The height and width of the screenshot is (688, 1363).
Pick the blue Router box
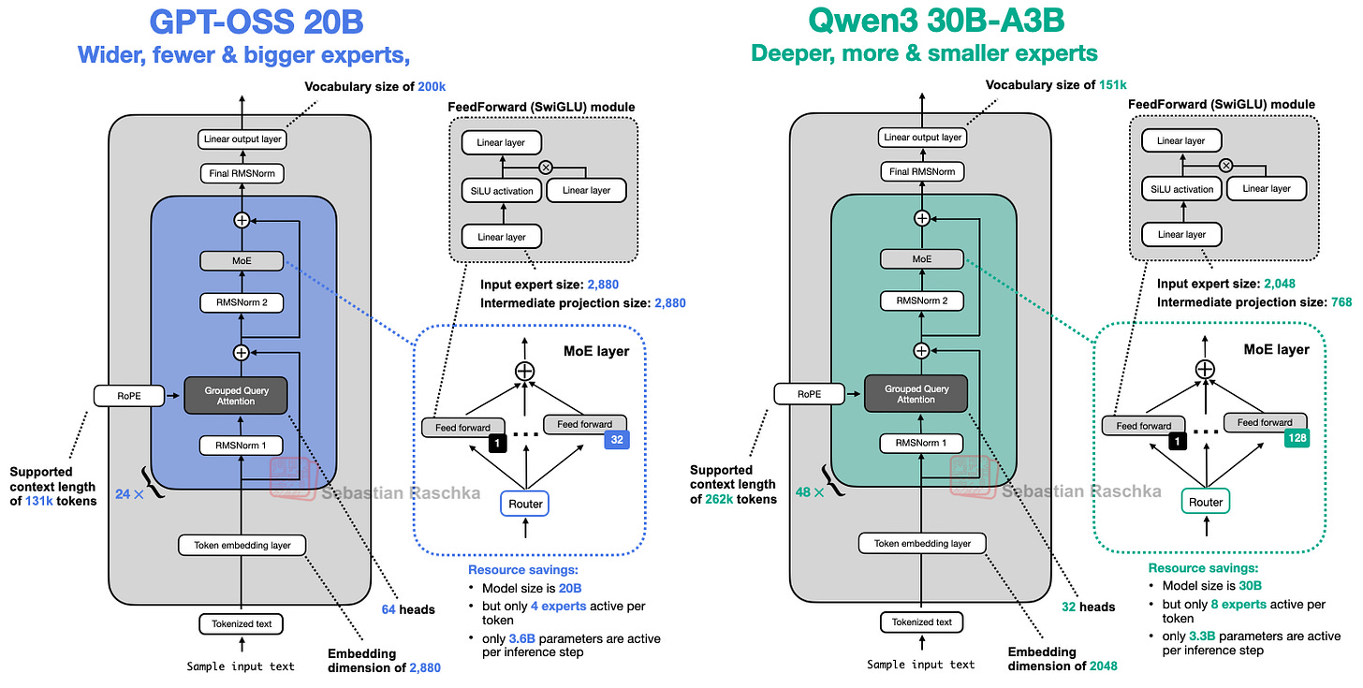coord(525,504)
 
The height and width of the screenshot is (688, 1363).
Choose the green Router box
coord(1206,502)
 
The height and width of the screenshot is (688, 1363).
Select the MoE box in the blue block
coord(242,260)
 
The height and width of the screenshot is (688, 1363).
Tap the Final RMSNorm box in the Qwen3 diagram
coord(922,172)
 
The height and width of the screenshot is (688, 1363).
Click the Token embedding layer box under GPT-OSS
coord(242,545)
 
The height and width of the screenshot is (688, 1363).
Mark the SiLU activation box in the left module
coord(502,191)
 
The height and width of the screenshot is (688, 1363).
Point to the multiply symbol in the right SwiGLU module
coord(1224,166)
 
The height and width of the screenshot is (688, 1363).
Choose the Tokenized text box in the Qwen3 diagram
coord(922,622)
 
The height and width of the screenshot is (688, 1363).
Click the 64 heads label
coord(408,609)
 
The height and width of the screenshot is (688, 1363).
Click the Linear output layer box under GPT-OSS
coord(242,139)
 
